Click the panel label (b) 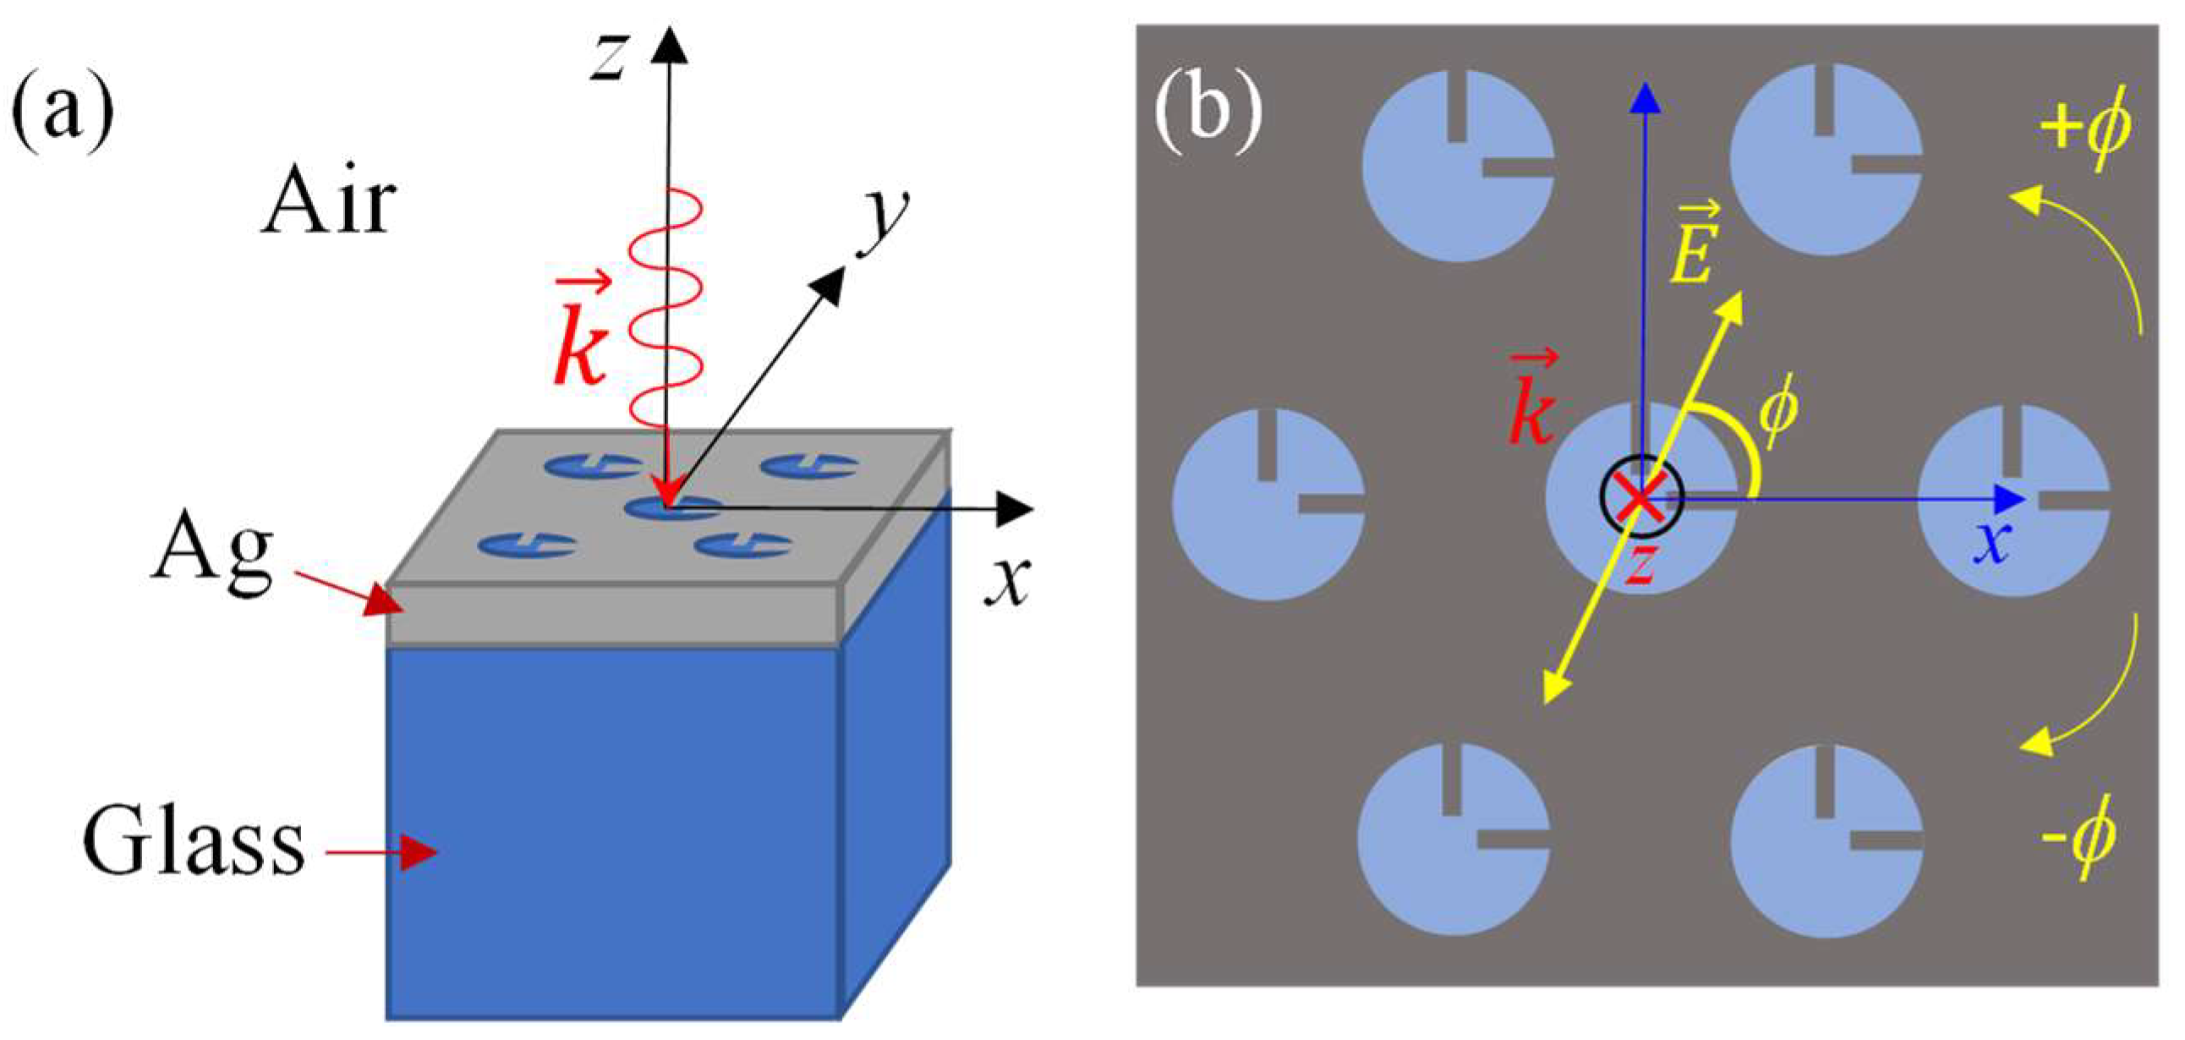point(1207,114)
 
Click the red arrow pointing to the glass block point(381,851)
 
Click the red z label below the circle point(1641,567)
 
